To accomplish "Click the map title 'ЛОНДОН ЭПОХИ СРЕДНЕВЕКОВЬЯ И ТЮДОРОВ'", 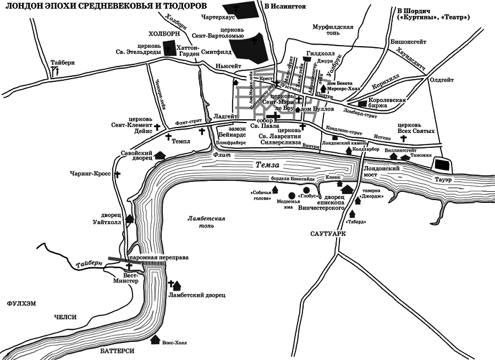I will coord(102,6).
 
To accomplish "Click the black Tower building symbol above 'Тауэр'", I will coord(441,164).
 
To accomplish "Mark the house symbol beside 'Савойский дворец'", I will coord(161,156).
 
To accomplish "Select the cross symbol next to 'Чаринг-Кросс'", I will coord(117,174).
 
